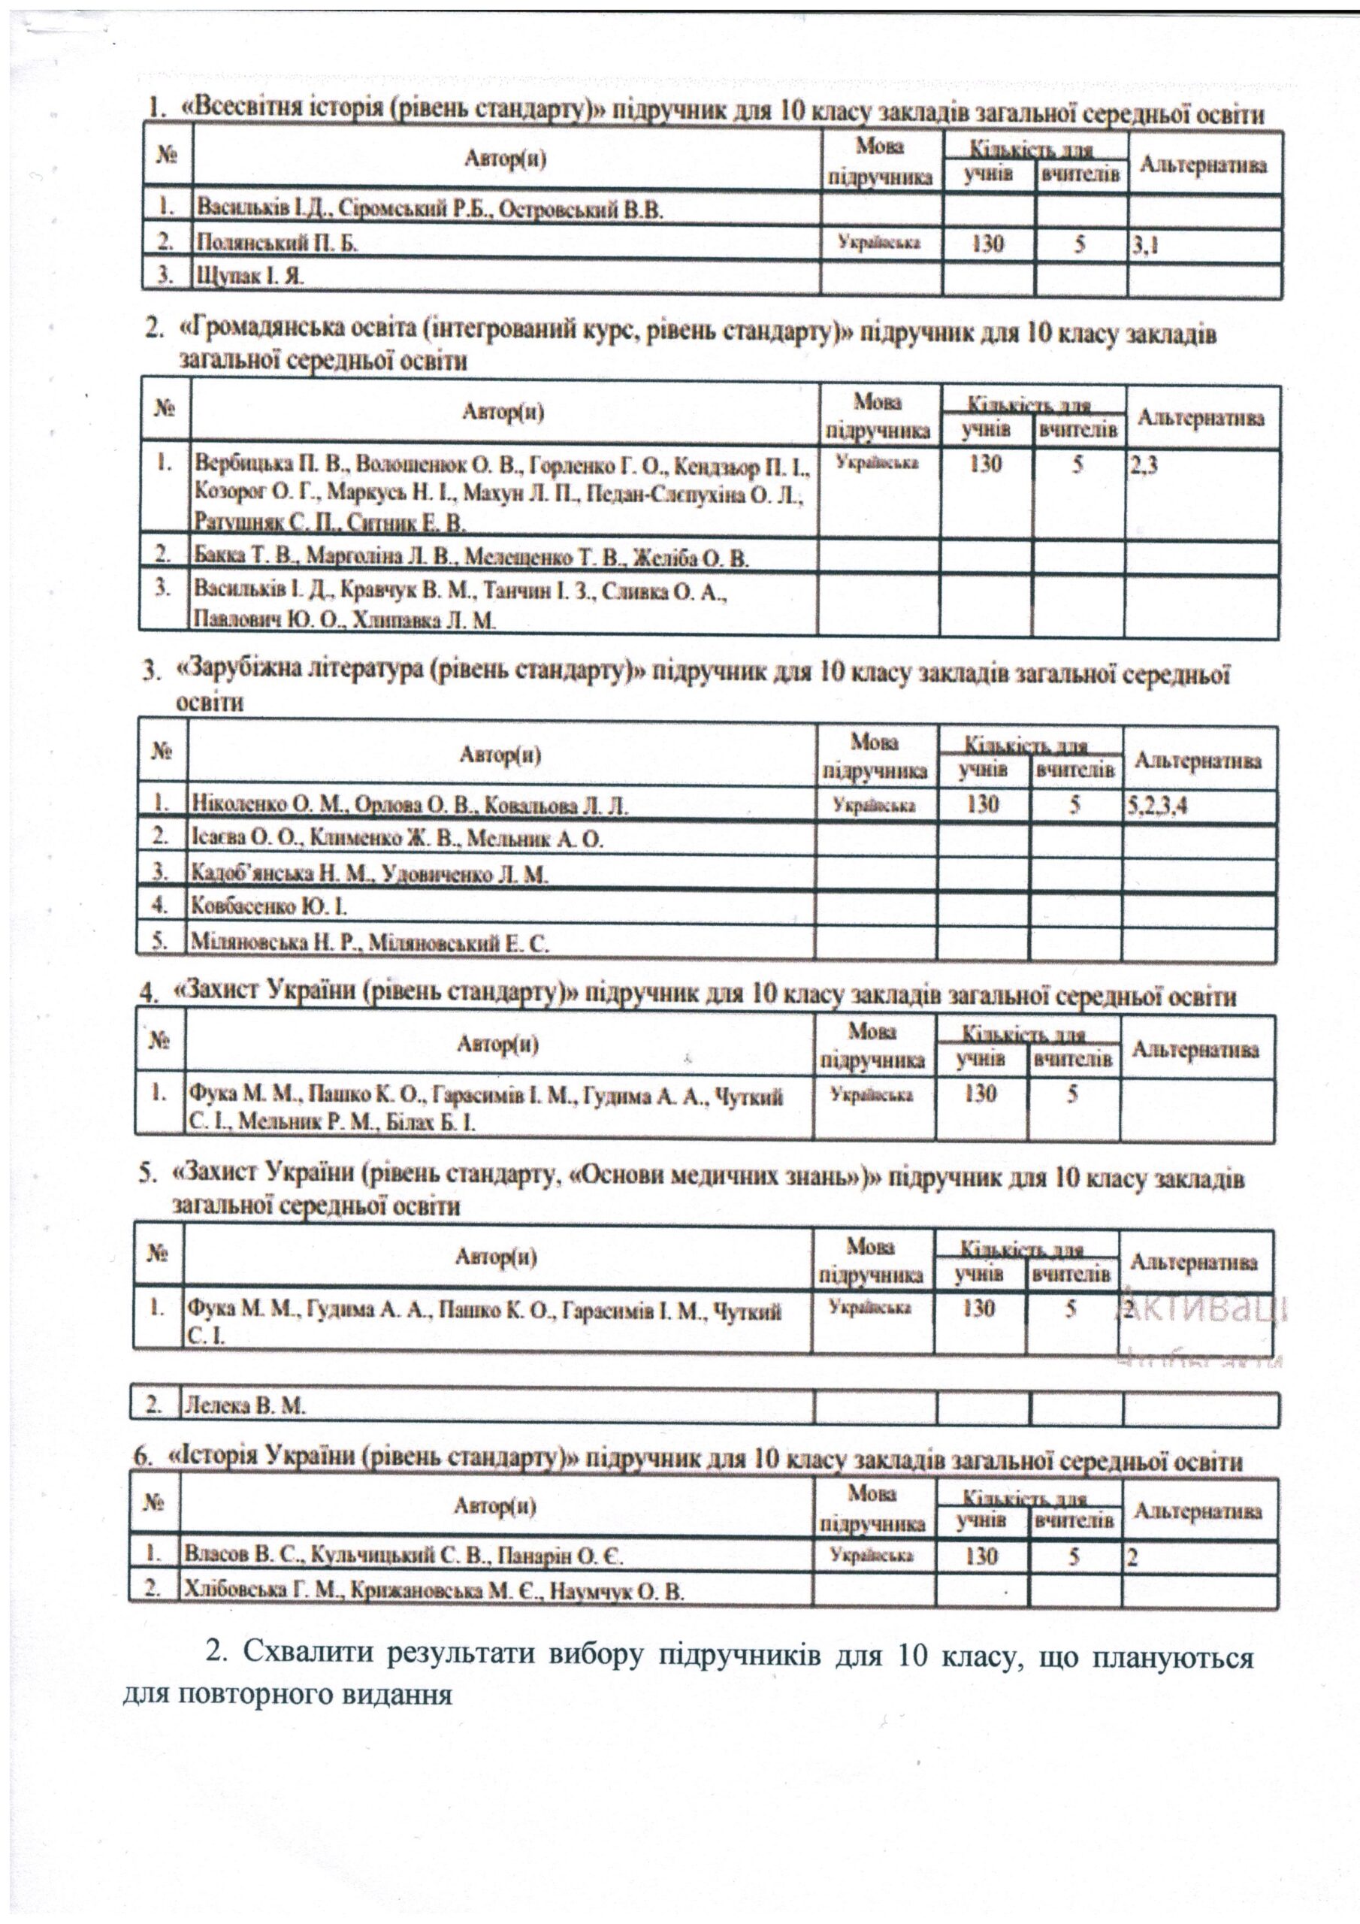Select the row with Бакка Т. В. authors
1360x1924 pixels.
coord(472,557)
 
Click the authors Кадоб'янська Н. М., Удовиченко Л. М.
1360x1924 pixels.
coord(370,875)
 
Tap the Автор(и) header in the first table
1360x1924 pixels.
coord(506,160)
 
